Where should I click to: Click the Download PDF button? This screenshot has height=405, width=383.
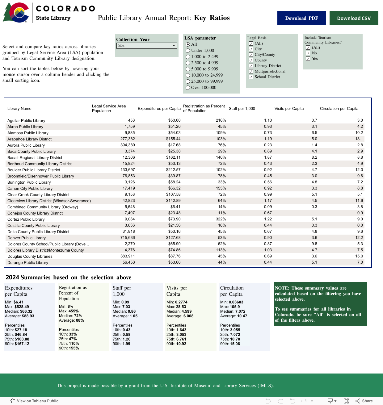coord(301,18)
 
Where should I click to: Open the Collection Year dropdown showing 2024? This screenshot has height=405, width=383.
coord(146,46)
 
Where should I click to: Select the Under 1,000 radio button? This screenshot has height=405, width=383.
coord(188,51)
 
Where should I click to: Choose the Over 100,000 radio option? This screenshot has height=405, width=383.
coord(188,88)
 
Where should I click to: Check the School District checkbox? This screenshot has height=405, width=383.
coord(251,77)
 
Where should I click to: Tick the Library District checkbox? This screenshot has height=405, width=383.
coord(251,66)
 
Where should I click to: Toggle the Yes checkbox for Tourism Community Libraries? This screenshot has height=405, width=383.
coord(308,59)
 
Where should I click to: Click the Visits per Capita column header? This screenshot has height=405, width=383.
coord(289,109)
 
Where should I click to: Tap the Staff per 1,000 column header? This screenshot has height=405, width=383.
coord(242,109)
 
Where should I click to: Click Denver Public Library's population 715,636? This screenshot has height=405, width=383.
coord(128,238)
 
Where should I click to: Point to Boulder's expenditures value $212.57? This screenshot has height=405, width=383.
coord(173,170)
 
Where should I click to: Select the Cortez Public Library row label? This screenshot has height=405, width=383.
coord(26,219)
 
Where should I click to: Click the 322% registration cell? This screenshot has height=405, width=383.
coord(221,219)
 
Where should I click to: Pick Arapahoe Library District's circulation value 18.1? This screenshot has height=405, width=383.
coord(359,139)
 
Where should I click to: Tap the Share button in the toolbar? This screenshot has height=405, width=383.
coord(364,401)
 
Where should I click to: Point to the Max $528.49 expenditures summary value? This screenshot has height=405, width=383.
coord(22,307)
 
